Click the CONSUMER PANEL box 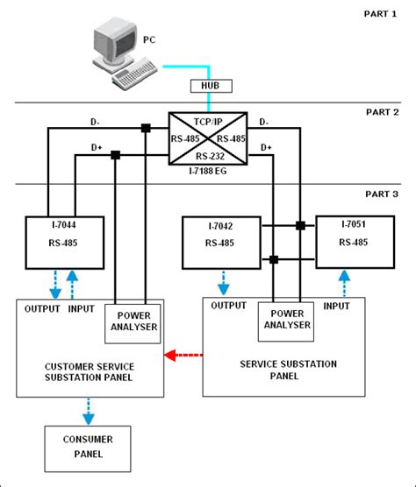pyautogui.click(x=87, y=447)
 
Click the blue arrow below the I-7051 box pyautogui.click(x=343, y=281)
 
